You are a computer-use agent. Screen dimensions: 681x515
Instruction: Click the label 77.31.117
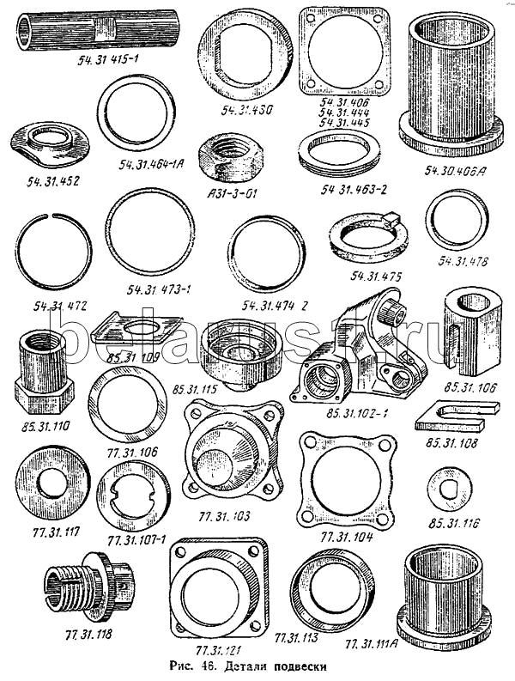pos(46,532)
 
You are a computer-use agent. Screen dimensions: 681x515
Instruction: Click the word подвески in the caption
pos(296,666)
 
